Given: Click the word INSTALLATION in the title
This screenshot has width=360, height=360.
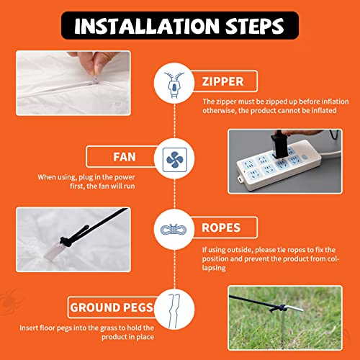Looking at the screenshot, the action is point(147,26).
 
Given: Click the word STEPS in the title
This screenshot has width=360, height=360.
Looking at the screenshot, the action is point(255,26).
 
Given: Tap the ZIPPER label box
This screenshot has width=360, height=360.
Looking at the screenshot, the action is point(225,81).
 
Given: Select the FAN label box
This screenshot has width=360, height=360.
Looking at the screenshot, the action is point(122,156).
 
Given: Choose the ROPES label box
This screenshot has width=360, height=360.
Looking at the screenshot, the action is point(225,228).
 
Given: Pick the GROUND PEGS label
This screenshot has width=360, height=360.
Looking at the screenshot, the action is point(112,307).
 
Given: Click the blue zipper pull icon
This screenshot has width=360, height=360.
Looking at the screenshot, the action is point(174,84).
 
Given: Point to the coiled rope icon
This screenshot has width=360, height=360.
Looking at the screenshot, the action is point(174,230).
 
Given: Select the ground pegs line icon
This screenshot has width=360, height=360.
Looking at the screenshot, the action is point(174,311).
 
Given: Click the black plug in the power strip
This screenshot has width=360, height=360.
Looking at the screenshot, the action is point(279,144).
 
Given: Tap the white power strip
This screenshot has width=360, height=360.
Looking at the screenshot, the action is point(279,165).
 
